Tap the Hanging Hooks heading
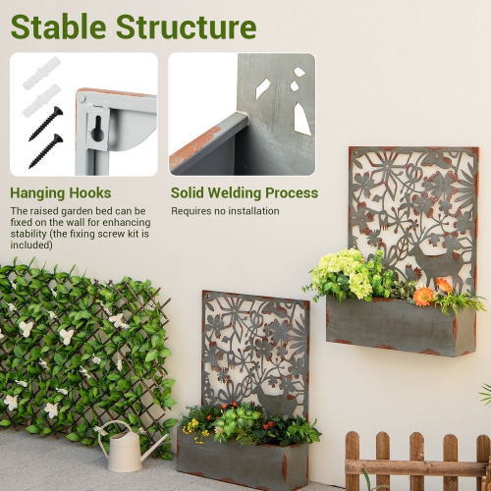61,193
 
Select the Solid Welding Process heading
245,193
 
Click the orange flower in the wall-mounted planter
423,296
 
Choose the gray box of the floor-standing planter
241,461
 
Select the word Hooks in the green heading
87,193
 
